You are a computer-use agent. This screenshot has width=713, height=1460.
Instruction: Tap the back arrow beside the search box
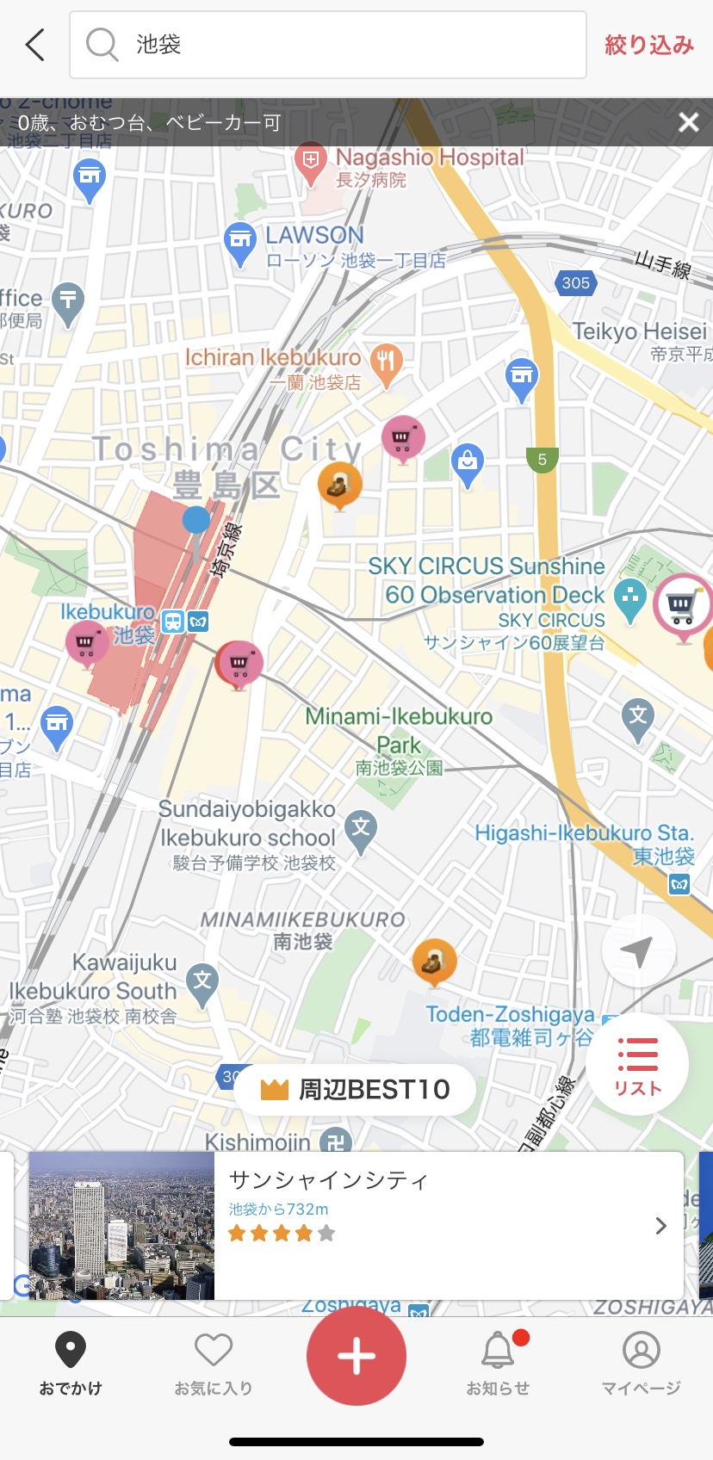tap(35, 45)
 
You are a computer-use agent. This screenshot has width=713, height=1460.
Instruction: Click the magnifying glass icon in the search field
tap(102, 44)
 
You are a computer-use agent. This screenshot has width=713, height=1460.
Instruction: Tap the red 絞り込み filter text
tap(648, 45)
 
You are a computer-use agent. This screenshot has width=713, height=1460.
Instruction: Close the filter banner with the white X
tap(688, 122)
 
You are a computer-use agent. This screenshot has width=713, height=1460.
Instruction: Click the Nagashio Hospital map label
tap(429, 158)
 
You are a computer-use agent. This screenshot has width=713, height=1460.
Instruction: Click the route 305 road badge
tap(575, 282)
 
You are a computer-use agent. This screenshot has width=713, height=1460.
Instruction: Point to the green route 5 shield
tap(542, 460)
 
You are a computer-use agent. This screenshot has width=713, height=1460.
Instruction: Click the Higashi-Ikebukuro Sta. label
tap(584, 833)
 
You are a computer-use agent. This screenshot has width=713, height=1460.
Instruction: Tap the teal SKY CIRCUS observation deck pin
tap(630, 597)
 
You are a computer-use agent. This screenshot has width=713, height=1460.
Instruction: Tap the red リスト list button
tap(637, 1064)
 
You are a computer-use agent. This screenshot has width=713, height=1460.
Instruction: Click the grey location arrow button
tap(638, 951)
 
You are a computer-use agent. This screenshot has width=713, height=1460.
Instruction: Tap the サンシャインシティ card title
tap(329, 1180)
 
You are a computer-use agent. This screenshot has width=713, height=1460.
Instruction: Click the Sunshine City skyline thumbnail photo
tap(121, 1225)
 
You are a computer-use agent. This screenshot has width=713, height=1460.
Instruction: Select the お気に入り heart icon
tap(214, 1351)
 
